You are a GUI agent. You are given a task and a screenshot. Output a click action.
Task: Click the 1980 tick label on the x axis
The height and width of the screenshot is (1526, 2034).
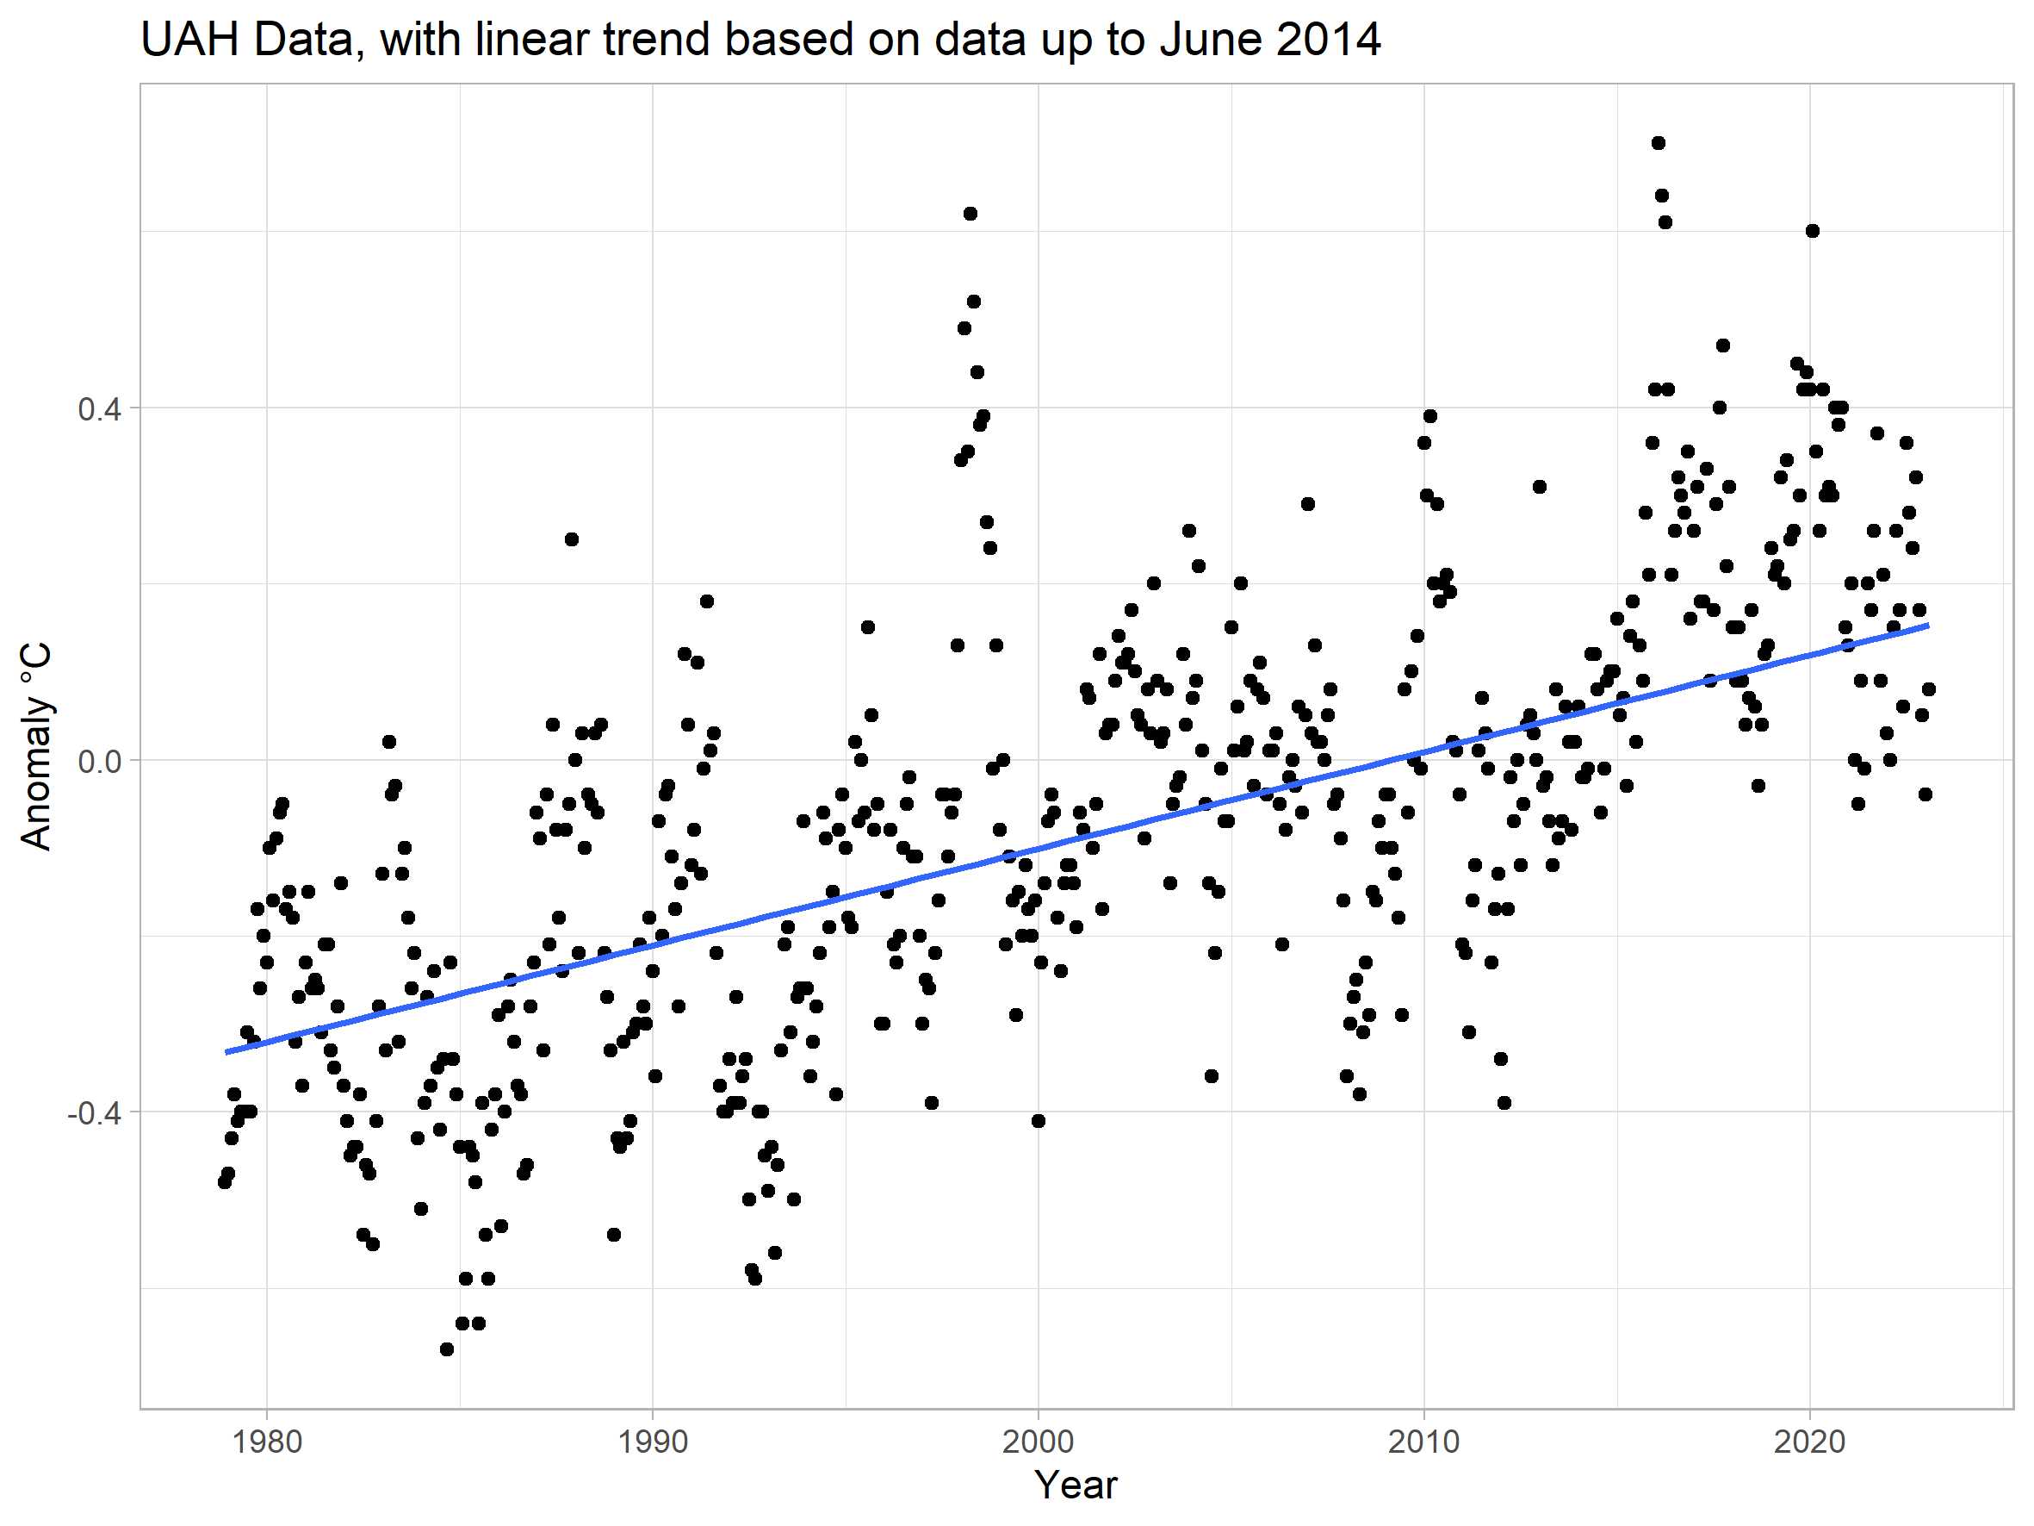point(267,1442)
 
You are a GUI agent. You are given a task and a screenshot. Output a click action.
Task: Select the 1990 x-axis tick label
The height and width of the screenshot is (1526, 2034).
point(653,1442)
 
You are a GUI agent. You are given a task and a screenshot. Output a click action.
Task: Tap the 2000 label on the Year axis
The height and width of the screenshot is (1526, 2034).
point(1039,1442)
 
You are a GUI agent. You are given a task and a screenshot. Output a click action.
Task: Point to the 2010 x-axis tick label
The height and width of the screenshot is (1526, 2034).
point(1423,1442)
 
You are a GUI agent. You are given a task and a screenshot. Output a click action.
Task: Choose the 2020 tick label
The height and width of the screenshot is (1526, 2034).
point(1808,1442)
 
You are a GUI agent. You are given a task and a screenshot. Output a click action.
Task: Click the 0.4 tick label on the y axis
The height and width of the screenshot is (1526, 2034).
point(99,409)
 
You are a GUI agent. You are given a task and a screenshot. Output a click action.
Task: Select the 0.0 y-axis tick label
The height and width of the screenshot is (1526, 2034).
point(99,762)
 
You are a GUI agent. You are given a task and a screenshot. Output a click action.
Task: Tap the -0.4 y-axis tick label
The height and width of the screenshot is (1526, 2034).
point(94,1114)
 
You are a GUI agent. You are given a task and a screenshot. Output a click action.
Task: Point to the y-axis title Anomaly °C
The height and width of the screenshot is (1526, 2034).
point(36,746)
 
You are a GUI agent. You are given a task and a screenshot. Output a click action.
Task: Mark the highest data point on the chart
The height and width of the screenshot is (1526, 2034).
point(1658,142)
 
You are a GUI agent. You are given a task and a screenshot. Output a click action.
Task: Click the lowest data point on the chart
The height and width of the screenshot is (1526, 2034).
point(447,1349)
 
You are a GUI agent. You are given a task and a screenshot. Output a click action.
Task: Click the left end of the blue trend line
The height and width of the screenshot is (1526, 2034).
point(226,1052)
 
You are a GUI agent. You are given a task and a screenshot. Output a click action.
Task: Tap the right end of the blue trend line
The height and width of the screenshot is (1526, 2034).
point(1927,626)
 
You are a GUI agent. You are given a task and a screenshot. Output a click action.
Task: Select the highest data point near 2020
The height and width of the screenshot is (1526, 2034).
point(1813,231)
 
